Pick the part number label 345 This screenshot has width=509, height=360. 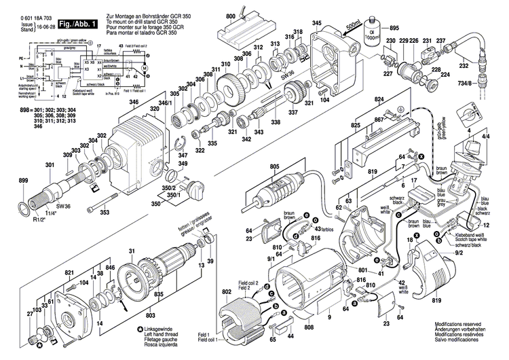click(316, 24)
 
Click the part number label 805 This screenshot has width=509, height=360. click(274, 166)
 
